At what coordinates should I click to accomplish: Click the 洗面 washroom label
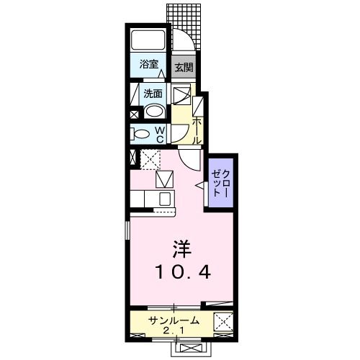coord(152,93)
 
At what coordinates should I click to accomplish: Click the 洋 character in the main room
coord(181,250)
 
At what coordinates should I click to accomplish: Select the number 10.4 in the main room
coord(181,273)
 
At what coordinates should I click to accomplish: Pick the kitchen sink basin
coord(164,198)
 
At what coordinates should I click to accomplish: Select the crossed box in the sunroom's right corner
coord(223,322)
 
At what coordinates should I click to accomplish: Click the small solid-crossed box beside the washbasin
coord(135,114)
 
